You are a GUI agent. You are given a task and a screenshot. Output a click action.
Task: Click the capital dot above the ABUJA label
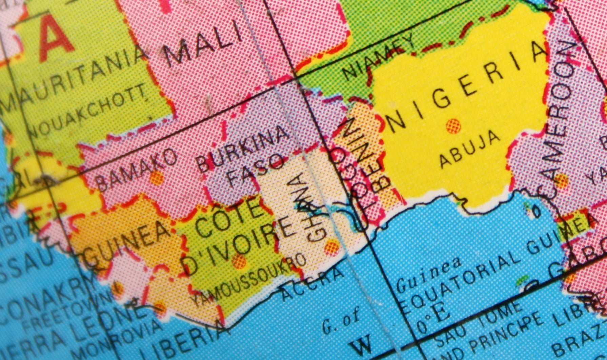[x=453, y=126]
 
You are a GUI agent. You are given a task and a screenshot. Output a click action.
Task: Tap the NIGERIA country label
[x=468, y=89]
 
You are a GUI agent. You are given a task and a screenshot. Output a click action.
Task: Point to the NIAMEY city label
[x=379, y=56]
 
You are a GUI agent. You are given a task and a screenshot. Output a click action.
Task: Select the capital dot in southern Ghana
[x=331, y=246]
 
